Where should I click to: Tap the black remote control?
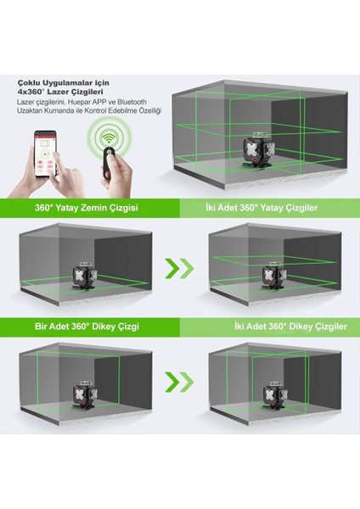coord(110,162)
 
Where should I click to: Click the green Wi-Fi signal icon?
coord(110,137)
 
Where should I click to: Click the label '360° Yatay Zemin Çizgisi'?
coord(86,208)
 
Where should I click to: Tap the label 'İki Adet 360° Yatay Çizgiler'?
coord(262,208)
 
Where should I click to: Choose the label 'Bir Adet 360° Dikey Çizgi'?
coord(87,327)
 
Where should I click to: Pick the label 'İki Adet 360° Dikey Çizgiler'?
coord(290,327)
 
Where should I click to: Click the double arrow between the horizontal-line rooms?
coord(179,268)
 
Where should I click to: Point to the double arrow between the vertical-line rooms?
coord(179,382)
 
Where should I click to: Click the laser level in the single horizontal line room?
coord(84,275)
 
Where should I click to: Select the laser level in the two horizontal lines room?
coord(274,275)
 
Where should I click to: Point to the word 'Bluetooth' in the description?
coord(132,102)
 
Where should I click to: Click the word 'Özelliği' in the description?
coord(150,110)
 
